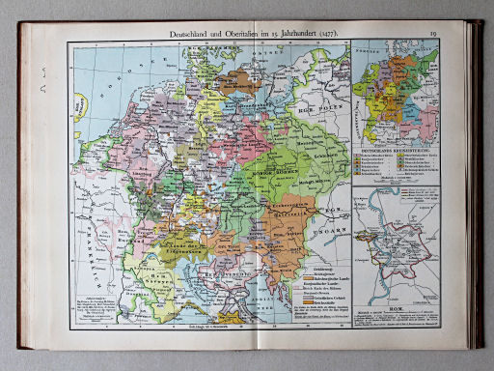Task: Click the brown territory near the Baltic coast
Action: (236, 80)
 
